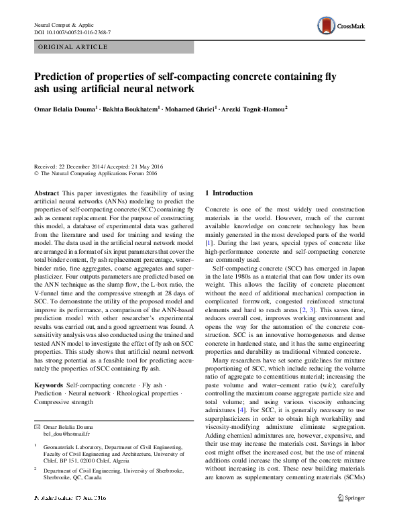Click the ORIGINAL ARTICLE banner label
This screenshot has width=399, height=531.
point(73,47)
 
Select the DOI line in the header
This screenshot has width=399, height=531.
point(72,32)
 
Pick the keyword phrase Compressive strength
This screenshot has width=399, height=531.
point(64,401)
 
